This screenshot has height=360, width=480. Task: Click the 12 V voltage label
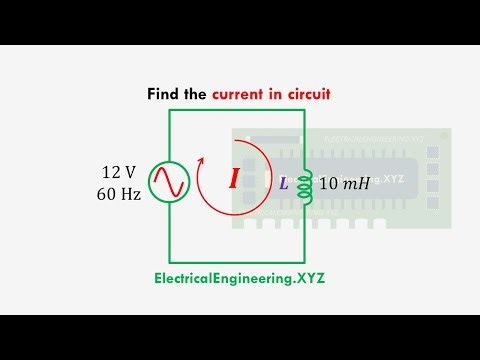click(121, 171)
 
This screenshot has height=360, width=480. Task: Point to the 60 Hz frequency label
click(120, 191)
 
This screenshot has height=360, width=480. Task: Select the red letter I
click(233, 180)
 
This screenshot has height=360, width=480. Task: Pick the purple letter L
click(283, 183)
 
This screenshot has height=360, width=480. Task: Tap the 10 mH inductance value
click(341, 183)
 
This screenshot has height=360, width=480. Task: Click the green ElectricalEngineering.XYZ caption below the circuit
click(239, 278)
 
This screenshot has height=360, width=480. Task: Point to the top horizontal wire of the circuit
click(235, 108)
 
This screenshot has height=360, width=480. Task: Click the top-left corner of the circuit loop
click(168, 108)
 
